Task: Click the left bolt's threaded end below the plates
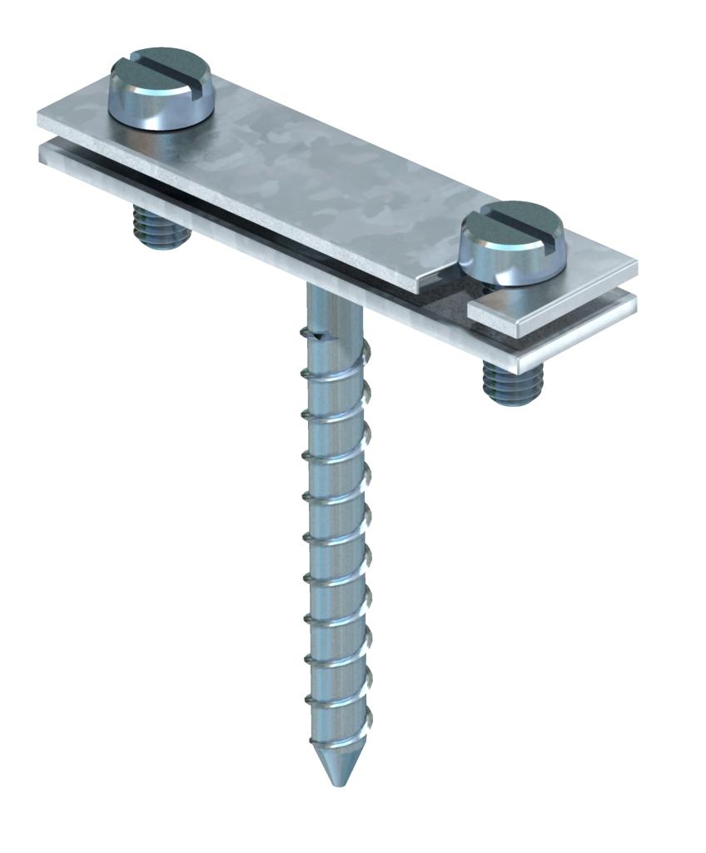[x=161, y=230]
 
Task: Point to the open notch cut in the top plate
[x=450, y=287]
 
